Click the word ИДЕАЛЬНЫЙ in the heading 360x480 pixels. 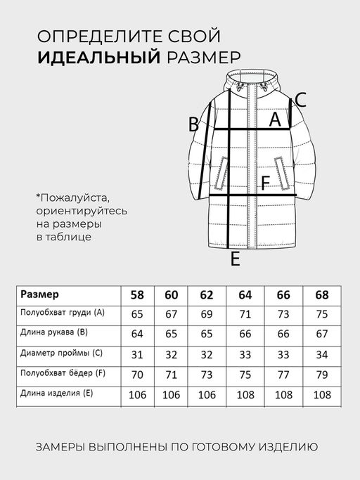coord(98,56)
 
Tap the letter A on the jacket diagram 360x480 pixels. coord(276,120)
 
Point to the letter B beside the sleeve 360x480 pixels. coord(193,124)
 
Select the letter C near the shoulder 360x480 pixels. coord(300,100)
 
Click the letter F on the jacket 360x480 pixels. coord(265,184)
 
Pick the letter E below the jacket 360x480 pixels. coord(236,259)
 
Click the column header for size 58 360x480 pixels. coord(138,294)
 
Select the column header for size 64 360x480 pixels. coord(245,294)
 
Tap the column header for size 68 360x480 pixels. coord(322,294)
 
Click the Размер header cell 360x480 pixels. coord(40,294)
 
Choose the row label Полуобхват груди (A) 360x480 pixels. coord(62,313)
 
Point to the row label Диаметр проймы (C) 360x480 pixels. coord(62,353)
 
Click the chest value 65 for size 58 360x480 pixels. coord(138,314)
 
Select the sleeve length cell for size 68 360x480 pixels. coord(322,334)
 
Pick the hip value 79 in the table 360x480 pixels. coord(322,374)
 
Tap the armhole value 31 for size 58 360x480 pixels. coord(138,354)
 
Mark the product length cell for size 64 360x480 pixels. coord(245,394)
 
